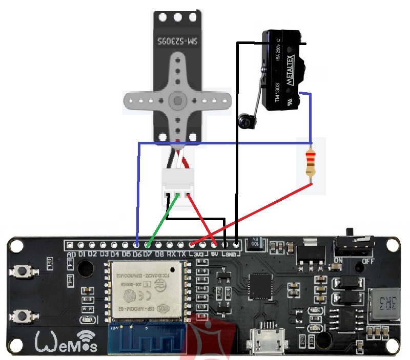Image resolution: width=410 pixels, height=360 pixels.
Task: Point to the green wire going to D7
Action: pyautogui.click(x=163, y=218)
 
